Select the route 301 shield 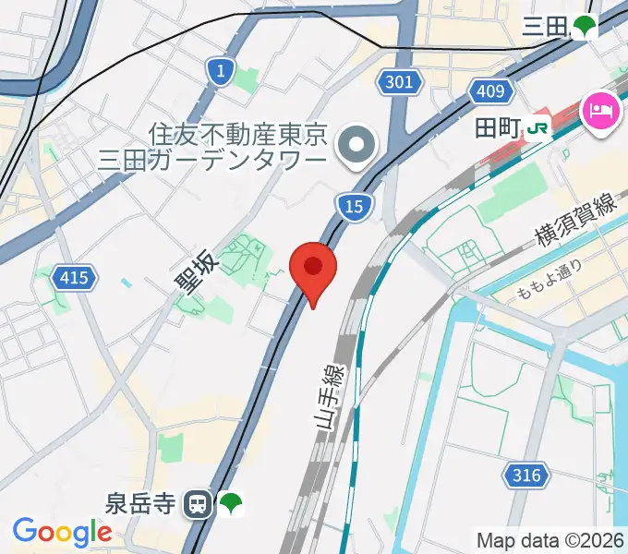(x=397, y=83)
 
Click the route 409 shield (x=491, y=90)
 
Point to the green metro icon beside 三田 (x=584, y=27)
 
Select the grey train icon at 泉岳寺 (x=197, y=504)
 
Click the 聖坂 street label (x=197, y=268)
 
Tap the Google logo (x=62, y=533)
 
